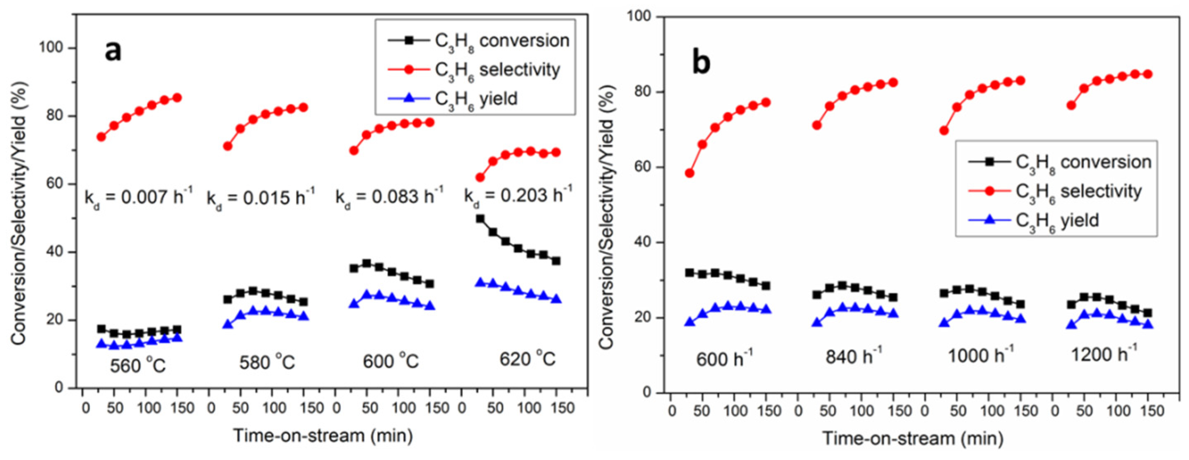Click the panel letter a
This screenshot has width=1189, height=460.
113,51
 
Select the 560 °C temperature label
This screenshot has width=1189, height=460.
137,366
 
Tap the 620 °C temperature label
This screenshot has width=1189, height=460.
527,359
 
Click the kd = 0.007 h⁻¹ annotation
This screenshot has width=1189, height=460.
138,198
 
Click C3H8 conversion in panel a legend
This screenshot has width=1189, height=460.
502,41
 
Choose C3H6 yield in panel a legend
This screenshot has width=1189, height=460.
476,99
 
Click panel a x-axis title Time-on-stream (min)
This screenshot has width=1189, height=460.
323,436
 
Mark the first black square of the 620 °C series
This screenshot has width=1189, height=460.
480,219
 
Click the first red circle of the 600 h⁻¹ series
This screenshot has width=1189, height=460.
690,173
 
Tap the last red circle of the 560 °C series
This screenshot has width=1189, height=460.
177,97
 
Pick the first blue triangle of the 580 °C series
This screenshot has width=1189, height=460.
227,324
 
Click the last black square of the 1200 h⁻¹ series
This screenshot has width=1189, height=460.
1148,313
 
